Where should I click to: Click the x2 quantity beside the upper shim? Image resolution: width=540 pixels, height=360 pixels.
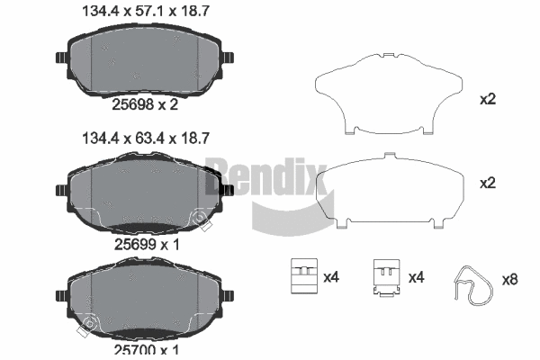pyautogui.click(x=488, y=99)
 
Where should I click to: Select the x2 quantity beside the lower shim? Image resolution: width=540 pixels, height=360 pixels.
pyautogui.click(x=488, y=183)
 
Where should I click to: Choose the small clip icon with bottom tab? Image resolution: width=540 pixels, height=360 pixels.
pyautogui.click(x=386, y=278)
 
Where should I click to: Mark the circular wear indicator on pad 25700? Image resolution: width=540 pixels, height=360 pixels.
pyautogui.click(x=89, y=325)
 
